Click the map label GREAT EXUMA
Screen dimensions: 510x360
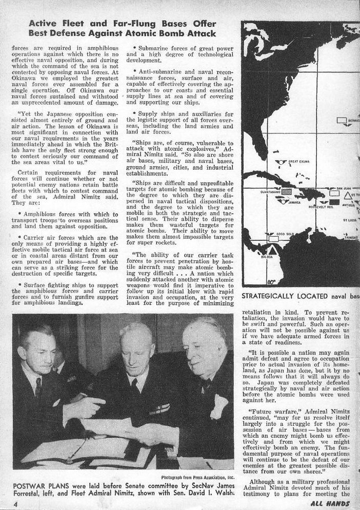301,162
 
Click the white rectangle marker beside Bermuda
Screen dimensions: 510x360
342,120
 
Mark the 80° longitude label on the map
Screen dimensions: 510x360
271,281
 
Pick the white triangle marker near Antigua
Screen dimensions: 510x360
348,196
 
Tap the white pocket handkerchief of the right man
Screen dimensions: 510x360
219,406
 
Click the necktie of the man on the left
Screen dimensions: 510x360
38,387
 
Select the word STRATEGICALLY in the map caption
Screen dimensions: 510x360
270,296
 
